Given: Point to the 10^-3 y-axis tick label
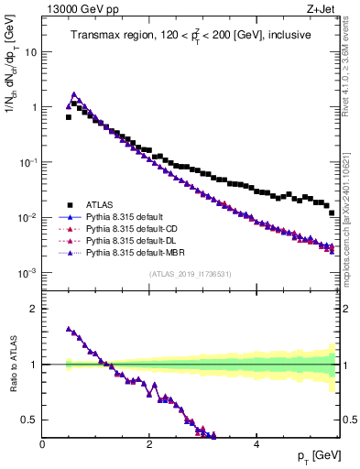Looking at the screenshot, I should [27, 273].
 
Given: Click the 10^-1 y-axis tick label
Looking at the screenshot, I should [27, 162].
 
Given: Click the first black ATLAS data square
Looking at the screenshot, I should [69, 117].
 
